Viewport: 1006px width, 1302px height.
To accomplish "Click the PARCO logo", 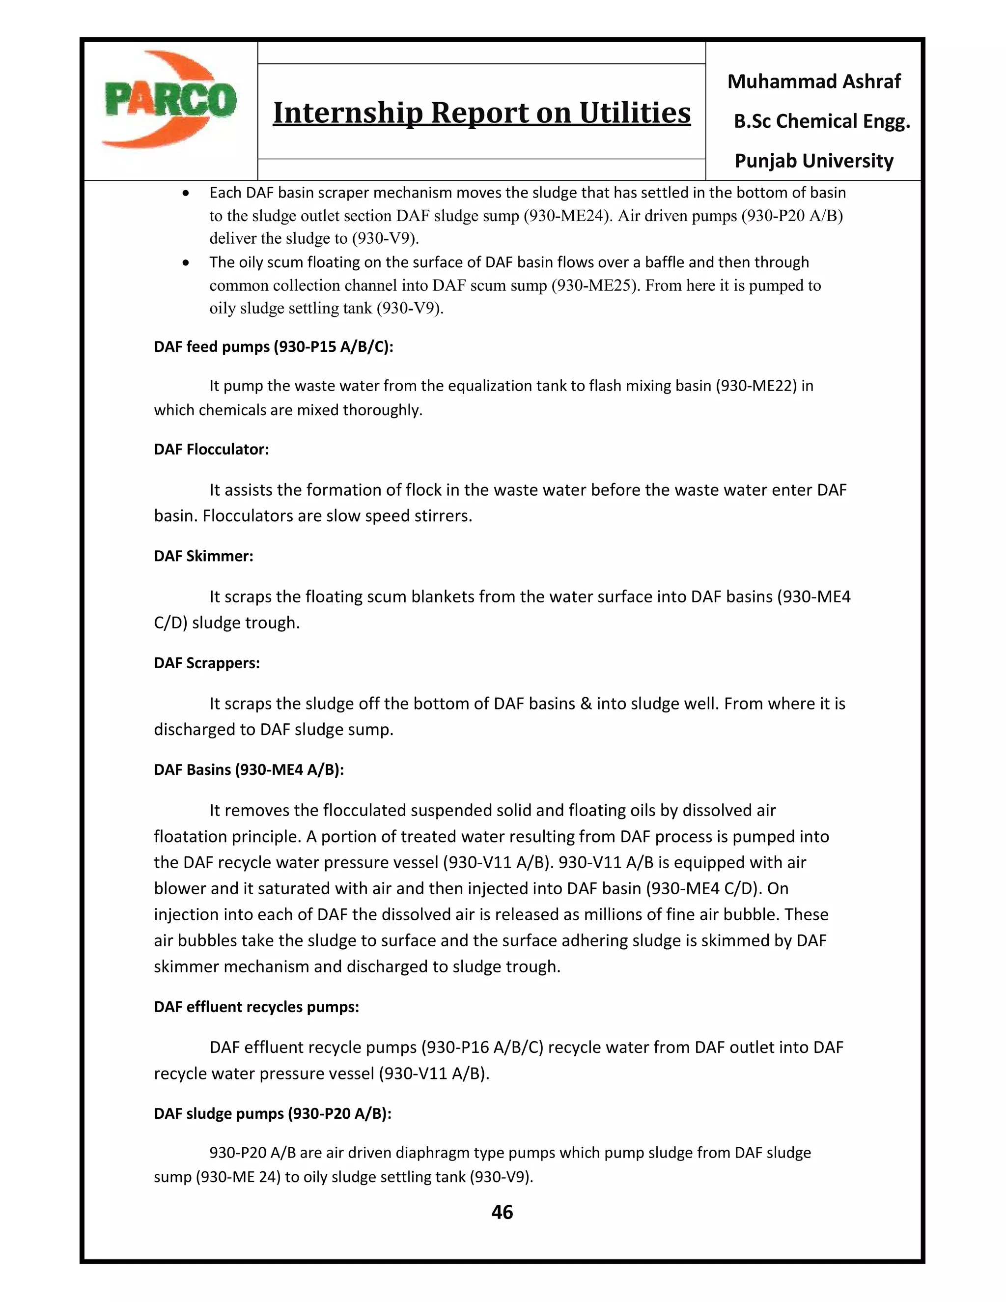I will point(170,100).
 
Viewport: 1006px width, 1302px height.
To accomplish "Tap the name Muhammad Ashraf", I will point(813,82).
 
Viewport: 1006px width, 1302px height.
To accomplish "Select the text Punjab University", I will point(813,161).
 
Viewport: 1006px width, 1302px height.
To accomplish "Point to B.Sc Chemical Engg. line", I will point(821,122).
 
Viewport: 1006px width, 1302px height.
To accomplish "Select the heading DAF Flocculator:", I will point(211,450).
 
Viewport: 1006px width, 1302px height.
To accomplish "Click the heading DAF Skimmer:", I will point(203,556).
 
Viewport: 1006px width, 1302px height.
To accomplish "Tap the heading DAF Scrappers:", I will point(207,663).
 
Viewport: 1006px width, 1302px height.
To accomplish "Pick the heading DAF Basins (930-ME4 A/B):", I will point(249,769).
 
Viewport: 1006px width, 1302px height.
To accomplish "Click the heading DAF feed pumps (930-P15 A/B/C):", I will point(274,347).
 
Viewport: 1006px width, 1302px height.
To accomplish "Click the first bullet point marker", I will point(187,194).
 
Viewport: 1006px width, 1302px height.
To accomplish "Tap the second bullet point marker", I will point(187,263).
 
